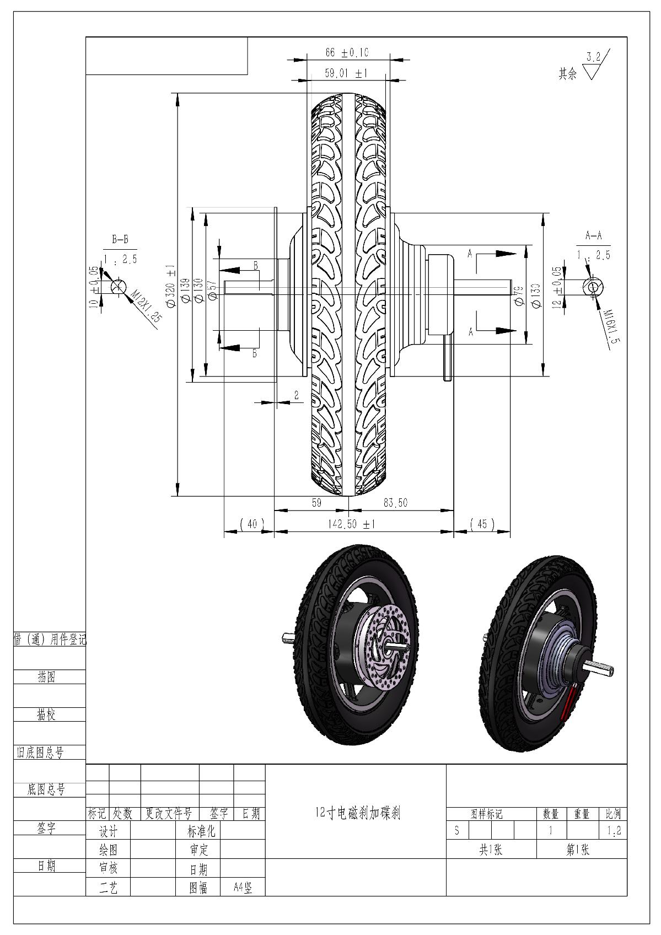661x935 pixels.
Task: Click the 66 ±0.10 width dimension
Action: (x=347, y=53)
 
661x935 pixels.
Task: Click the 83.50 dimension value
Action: (x=395, y=503)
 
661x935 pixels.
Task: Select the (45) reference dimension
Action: (x=482, y=524)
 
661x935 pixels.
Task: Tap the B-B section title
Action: (x=120, y=240)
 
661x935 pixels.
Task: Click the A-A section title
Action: (x=593, y=237)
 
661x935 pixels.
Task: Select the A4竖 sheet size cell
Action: (x=243, y=888)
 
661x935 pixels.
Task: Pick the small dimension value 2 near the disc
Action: (x=296, y=395)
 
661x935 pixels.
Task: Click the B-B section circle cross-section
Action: (x=117, y=286)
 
